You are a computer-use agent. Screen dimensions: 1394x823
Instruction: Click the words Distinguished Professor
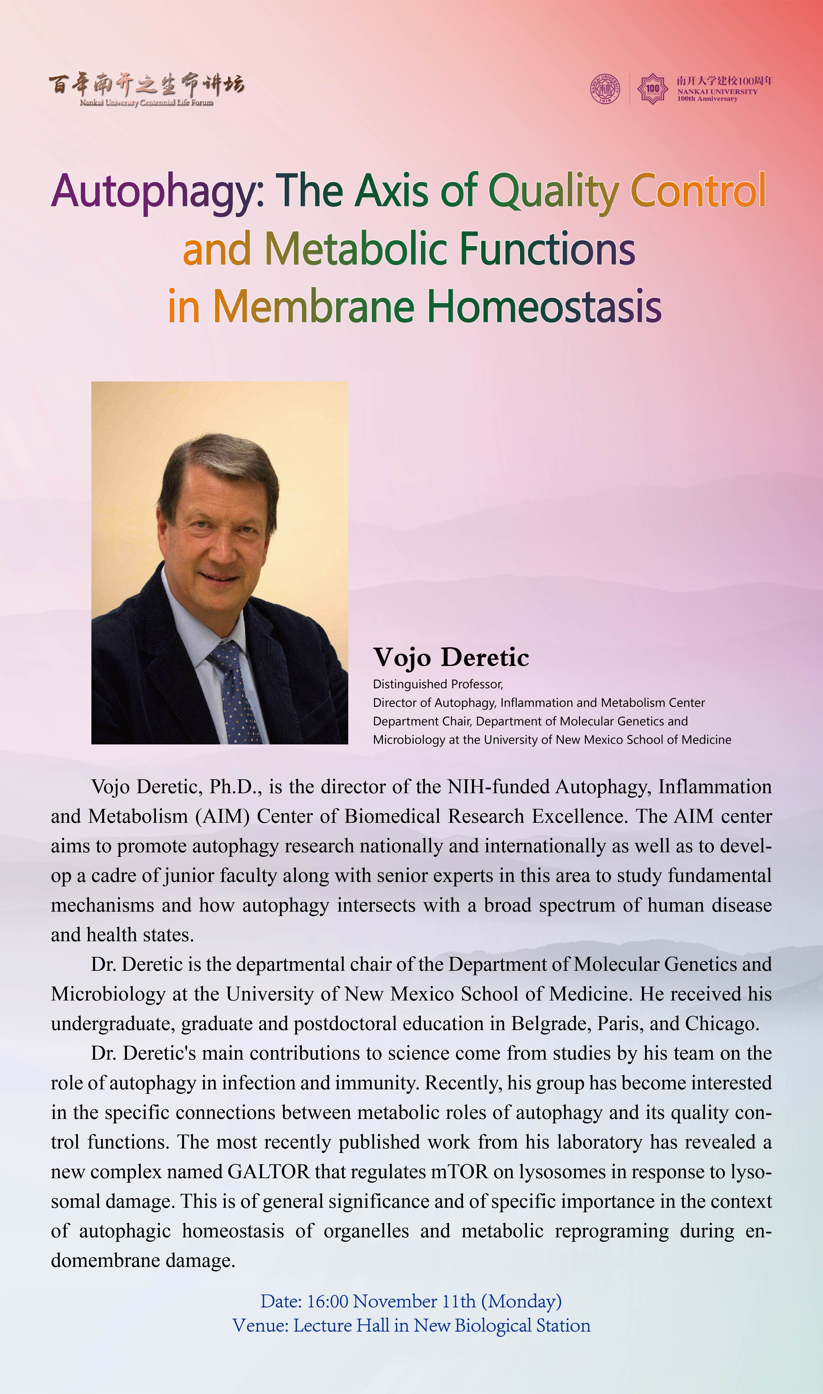click(438, 684)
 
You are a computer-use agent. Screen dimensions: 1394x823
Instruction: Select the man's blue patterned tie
click(236, 693)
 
